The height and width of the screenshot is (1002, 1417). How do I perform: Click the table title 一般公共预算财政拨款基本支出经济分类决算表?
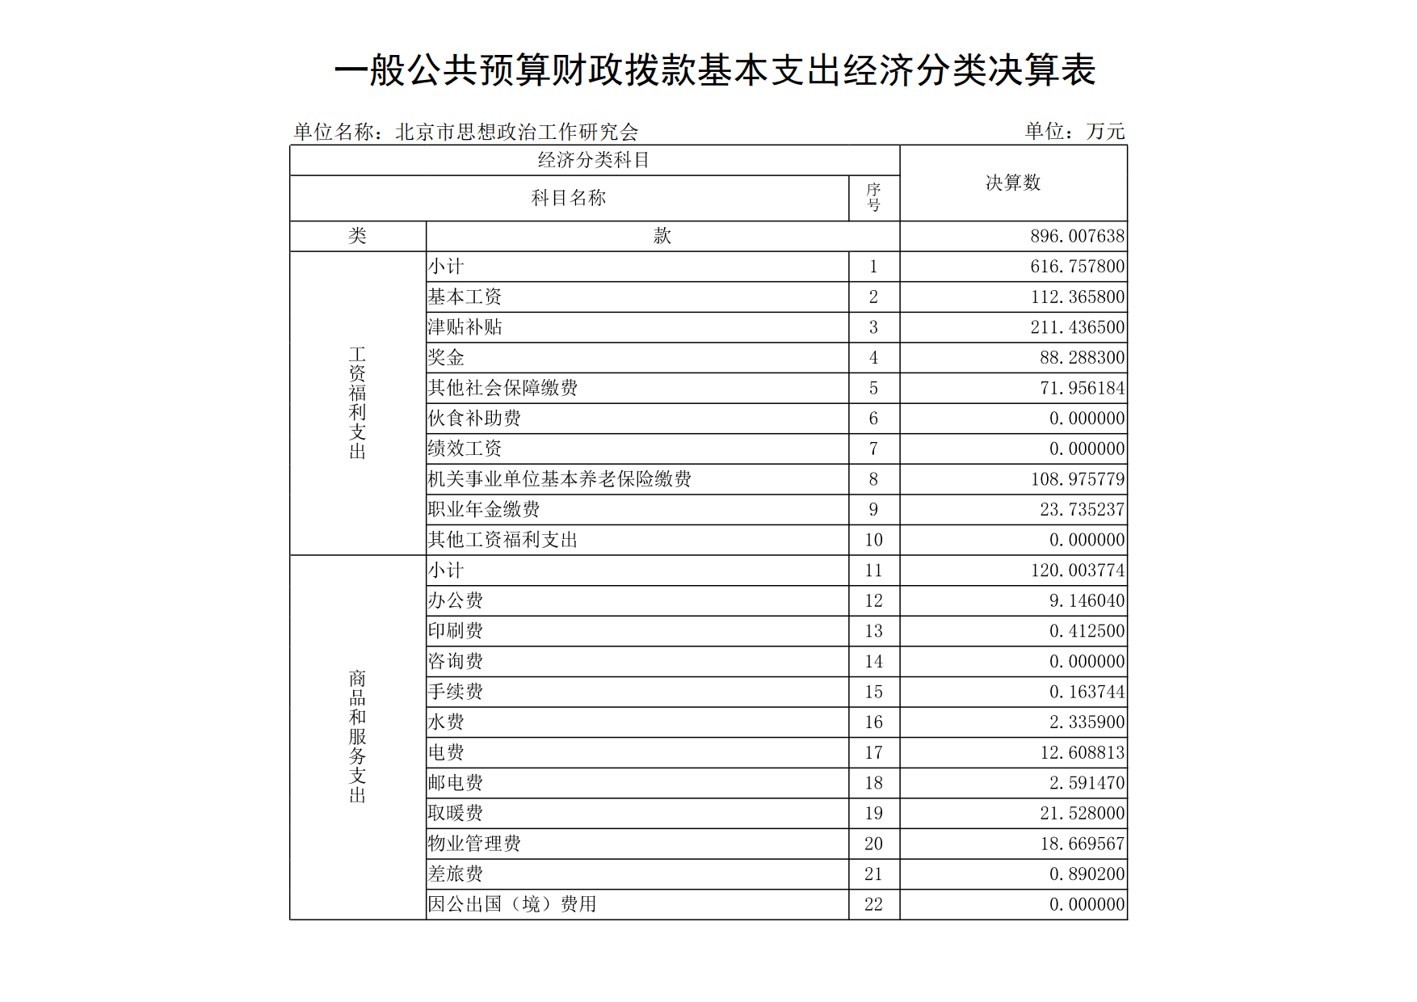714,70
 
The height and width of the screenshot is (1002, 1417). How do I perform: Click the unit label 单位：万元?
1074,131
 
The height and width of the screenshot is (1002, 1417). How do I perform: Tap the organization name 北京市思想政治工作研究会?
517,132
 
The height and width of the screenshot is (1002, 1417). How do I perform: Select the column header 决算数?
1013,183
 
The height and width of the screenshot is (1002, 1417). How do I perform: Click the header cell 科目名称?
569,198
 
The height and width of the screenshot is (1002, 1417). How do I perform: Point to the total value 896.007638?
1077,236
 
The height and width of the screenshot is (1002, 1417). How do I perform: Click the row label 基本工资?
465,297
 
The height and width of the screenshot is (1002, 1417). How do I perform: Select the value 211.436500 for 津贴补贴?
1077,327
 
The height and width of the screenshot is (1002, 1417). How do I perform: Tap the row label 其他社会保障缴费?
502,388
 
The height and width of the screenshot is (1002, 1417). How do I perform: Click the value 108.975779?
1077,479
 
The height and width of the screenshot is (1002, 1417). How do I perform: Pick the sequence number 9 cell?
873,510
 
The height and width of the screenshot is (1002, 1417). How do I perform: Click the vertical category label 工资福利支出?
357,403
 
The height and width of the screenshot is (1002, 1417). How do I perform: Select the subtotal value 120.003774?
1077,570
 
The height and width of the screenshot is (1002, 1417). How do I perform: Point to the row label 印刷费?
456,631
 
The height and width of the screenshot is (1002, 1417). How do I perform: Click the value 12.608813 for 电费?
1082,753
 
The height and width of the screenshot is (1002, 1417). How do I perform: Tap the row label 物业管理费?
474,844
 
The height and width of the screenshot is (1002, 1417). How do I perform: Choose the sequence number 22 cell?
873,905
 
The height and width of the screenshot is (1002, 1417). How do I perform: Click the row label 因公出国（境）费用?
512,904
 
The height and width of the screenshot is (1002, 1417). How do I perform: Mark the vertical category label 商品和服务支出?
357,737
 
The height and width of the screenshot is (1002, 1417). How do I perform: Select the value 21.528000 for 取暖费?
1082,814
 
